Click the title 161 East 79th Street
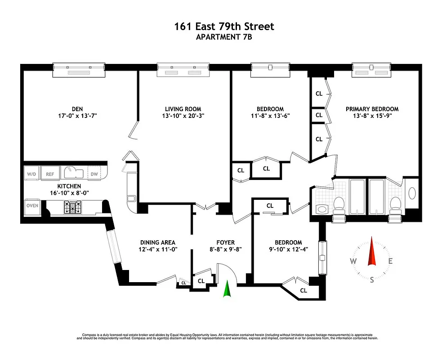(224, 27)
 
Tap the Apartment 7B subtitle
(224, 37)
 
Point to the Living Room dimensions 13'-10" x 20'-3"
(183, 116)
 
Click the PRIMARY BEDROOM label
(372, 109)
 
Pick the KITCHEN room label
(69, 186)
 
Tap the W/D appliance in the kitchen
(31, 174)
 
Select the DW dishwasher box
(93, 174)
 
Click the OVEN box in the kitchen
(32, 206)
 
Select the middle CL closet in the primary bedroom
(319, 115)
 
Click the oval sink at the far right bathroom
(411, 193)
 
